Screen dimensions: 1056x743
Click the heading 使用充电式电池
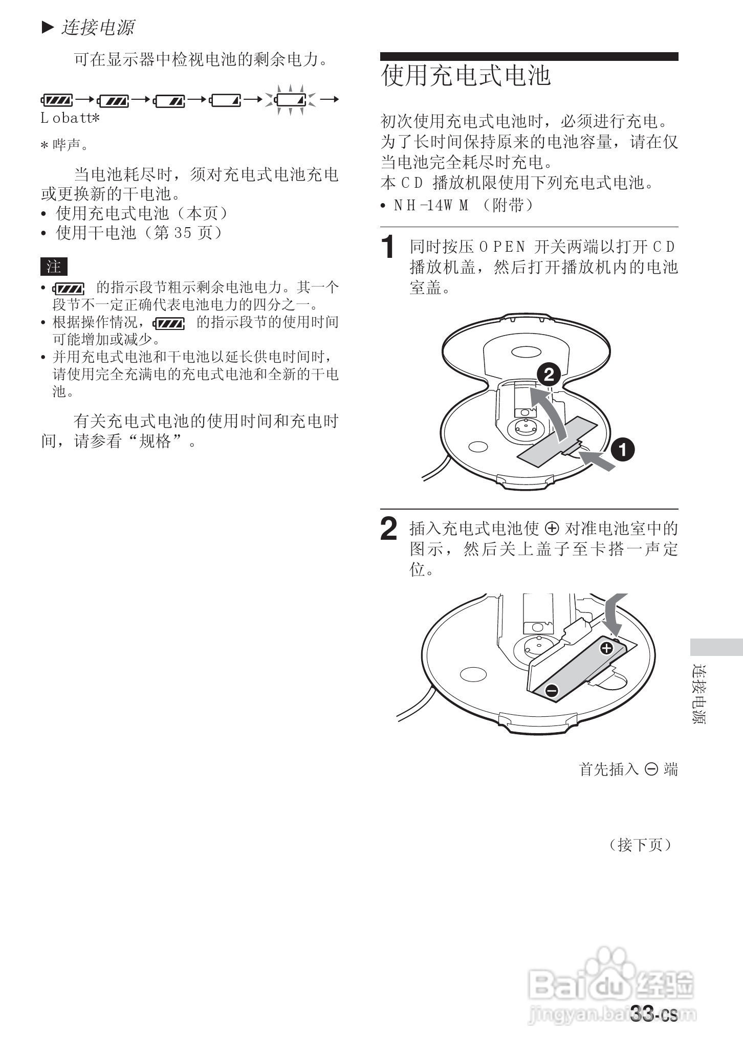[x=466, y=76]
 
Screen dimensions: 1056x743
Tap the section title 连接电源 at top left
[x=97, y=27]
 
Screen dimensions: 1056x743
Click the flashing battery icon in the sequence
[x=291, y=99]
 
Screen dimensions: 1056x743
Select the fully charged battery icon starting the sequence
[x=57, y=100]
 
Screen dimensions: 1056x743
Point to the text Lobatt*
[x=70, y=119]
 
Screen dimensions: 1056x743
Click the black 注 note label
[x=54, y=267]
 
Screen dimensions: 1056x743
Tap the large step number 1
[x=389, y=247]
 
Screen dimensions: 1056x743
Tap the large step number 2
[x=389, y=529]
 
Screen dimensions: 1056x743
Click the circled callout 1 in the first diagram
[x=623, y=450]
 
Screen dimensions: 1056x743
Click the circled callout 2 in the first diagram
[x=549, y=375]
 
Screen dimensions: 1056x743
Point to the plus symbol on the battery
[x=606, y=649]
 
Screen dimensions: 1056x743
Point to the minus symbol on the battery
[x=551, y=690]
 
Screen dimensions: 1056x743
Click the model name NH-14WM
[x=431, y=206]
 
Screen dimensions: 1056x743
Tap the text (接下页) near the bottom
[x=640, y=845]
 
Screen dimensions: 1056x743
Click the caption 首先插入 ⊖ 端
[x=628, y=769]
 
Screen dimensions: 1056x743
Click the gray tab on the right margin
[x=716, y=647]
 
